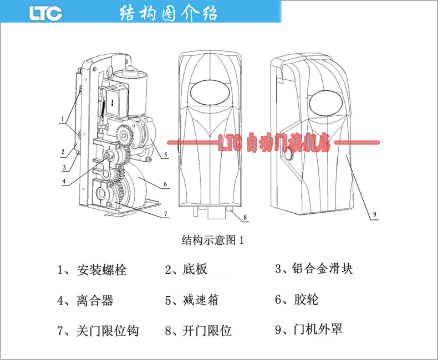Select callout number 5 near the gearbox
click(166, 156)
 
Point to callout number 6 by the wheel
click(165, 184)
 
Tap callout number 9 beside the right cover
click(374, 214)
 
